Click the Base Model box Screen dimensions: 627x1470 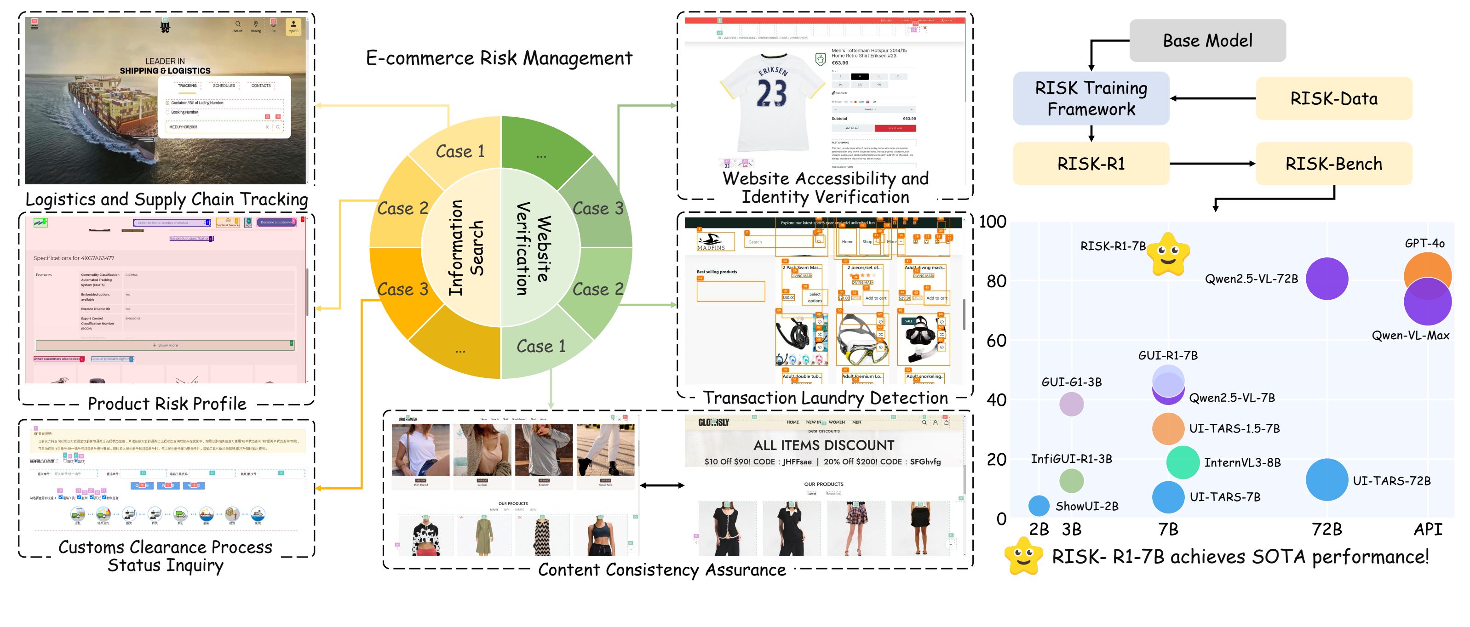pyautogui.click(x=1207, y=40)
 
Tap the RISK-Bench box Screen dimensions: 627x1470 pyautogui.click(x=1333, y=164)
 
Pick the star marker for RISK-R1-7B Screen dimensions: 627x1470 pyautogui.click(x=1167, y=254)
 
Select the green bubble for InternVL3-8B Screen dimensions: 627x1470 pyautogui.click(x=1183, y=462)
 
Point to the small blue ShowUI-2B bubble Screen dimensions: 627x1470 pyautogui.click(x=1039, y=506)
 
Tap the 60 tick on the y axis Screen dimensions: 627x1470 pyautogui.click(x=996, y=341)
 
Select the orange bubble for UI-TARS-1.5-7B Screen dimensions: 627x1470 pyautogui.click(x=1167, y=428)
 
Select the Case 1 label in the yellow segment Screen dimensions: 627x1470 pyautogui.click(x=460, y=152)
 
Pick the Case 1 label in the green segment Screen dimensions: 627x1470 pyautogui.click(x=540, y=346)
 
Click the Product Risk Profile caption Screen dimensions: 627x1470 pyautogui.click(x=167, y=403)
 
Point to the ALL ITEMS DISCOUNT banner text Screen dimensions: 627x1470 pyautogui.click(x=823, y=445)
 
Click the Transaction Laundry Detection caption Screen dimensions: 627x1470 pyautogui.click(x=825, y=398)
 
